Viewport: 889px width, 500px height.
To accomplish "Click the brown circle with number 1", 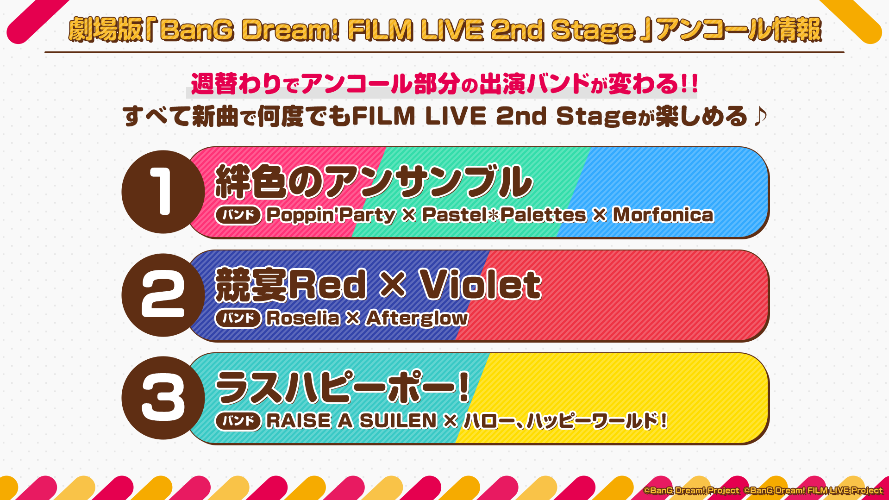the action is pos(163,192).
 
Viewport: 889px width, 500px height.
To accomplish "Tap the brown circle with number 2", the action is pos(163,295).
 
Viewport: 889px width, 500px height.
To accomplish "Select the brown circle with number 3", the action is pos(163,398).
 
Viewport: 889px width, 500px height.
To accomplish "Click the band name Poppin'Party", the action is pos(331,215).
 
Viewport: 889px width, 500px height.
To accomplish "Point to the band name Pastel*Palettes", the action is pos(504,215).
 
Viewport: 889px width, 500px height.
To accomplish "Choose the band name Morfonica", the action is pos(663,215).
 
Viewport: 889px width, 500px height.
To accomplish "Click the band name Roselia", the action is pos(303,318).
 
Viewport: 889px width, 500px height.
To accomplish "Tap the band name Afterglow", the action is pos(417,319).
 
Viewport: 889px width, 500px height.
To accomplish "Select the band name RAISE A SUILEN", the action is pos(351,421).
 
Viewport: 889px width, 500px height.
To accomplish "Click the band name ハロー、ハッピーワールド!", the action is pos(565,421).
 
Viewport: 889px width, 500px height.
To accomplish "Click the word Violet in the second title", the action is pos(480,285).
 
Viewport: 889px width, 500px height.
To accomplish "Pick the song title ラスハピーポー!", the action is pos(343,387).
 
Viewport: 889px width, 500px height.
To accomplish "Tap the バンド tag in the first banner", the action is pos(238,215).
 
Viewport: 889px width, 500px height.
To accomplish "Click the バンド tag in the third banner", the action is pos(238,421).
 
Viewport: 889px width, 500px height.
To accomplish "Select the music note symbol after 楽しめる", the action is pos(760,116).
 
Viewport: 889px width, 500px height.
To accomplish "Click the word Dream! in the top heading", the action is pos(291,30).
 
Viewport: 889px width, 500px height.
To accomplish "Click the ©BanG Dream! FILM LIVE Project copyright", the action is pos(813,490).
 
